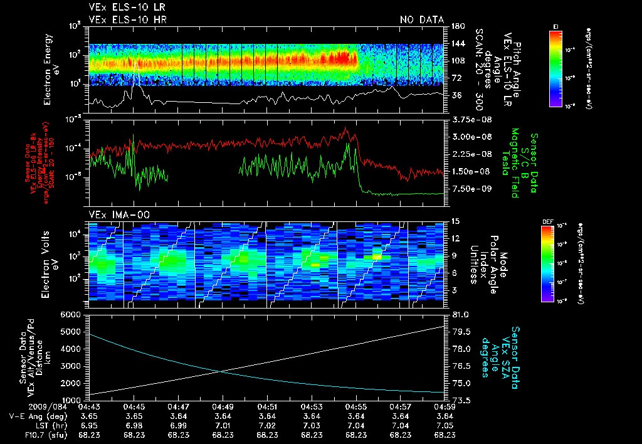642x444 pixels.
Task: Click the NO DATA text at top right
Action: pyautogui.click(x=422, y=20)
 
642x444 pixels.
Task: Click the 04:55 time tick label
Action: pyautogui.click(x=356, y=407)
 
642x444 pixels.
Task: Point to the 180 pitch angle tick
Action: pyautogui.click(x=456, y=26)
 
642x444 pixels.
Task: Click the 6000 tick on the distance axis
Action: pyautogui.click(x=71, y=314)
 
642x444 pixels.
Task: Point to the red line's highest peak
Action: pyautogui.click(x=346, y=128)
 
